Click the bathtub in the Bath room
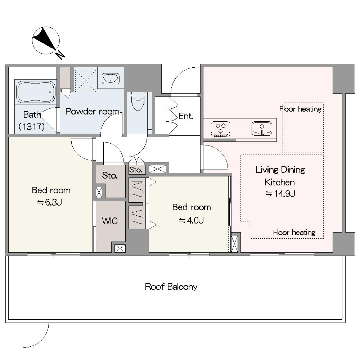[36, 92]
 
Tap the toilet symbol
[138, 101]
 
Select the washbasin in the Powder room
[111, 78]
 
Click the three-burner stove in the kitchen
[220, 129]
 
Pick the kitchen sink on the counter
[262, 129]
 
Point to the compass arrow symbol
[45, 39]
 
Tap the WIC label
[110, 221]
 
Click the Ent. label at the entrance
[186, 116]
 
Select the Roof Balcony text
[171, 287]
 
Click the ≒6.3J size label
[50, 202]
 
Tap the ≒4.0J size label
[191, 220]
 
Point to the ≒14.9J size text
[280, 194]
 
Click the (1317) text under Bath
[31, 126]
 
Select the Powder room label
[92, 112]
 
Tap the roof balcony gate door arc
[41, 340]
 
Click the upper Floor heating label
[300, 109]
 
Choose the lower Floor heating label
[294, 233]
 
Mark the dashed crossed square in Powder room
[85, 81]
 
